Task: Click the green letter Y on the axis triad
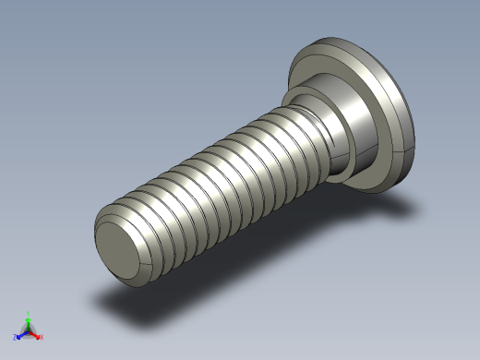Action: coord(28,314)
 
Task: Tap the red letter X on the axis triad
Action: coord(42,337)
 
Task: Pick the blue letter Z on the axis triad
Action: coord(16,338)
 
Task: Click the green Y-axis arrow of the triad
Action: coord(28,322)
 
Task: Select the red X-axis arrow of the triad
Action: coord(35,333)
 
